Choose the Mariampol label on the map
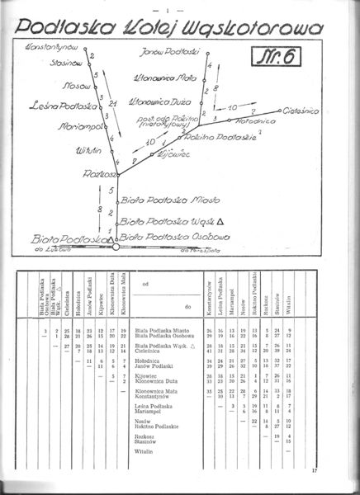[79, 127]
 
